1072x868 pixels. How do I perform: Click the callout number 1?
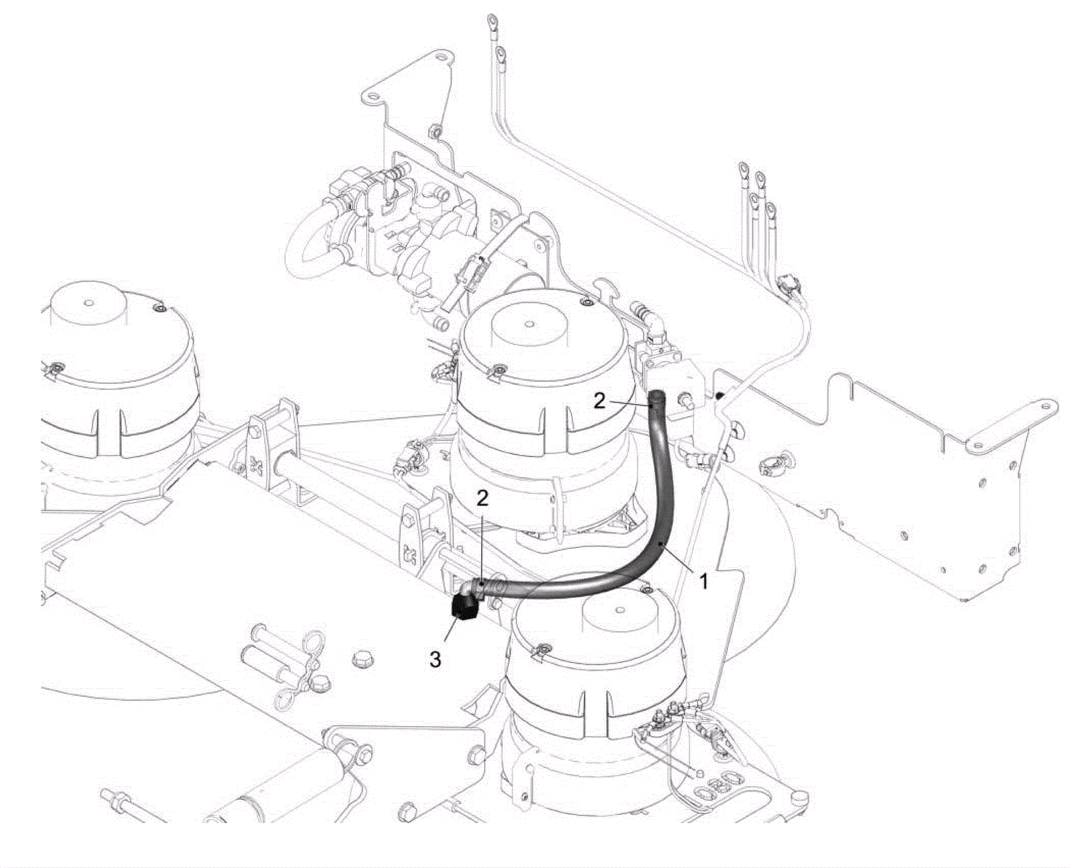pos(703,582)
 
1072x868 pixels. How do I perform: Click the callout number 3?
pos(435,659)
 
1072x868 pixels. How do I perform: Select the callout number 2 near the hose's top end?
pos(600,401)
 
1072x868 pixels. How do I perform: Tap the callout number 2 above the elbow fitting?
pos(482,498)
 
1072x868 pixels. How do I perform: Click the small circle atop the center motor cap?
pos(528,324)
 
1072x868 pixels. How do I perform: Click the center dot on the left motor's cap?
pos(89,303)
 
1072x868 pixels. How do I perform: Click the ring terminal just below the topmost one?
pos(500,52)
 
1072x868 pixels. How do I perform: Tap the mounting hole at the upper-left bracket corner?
pos(371,95)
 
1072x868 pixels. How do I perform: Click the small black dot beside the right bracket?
pos(720,395)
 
